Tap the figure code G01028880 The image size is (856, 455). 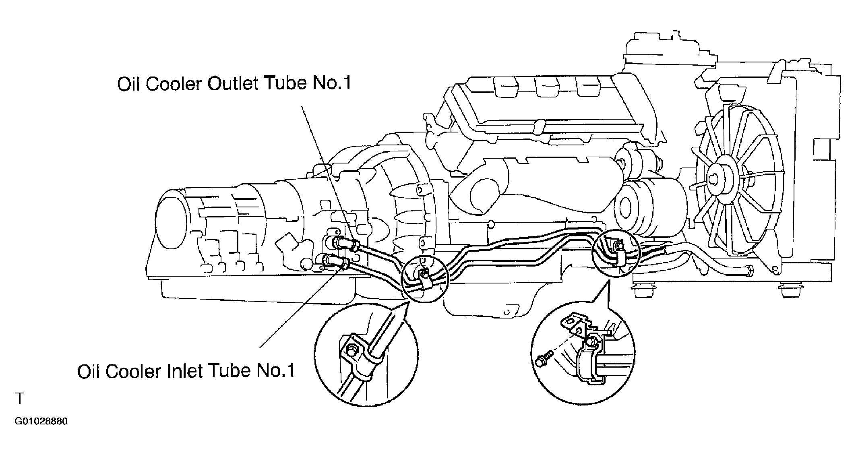point(41,422)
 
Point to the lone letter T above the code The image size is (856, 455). point(19,399)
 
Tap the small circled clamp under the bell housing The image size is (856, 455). point(424,278)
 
